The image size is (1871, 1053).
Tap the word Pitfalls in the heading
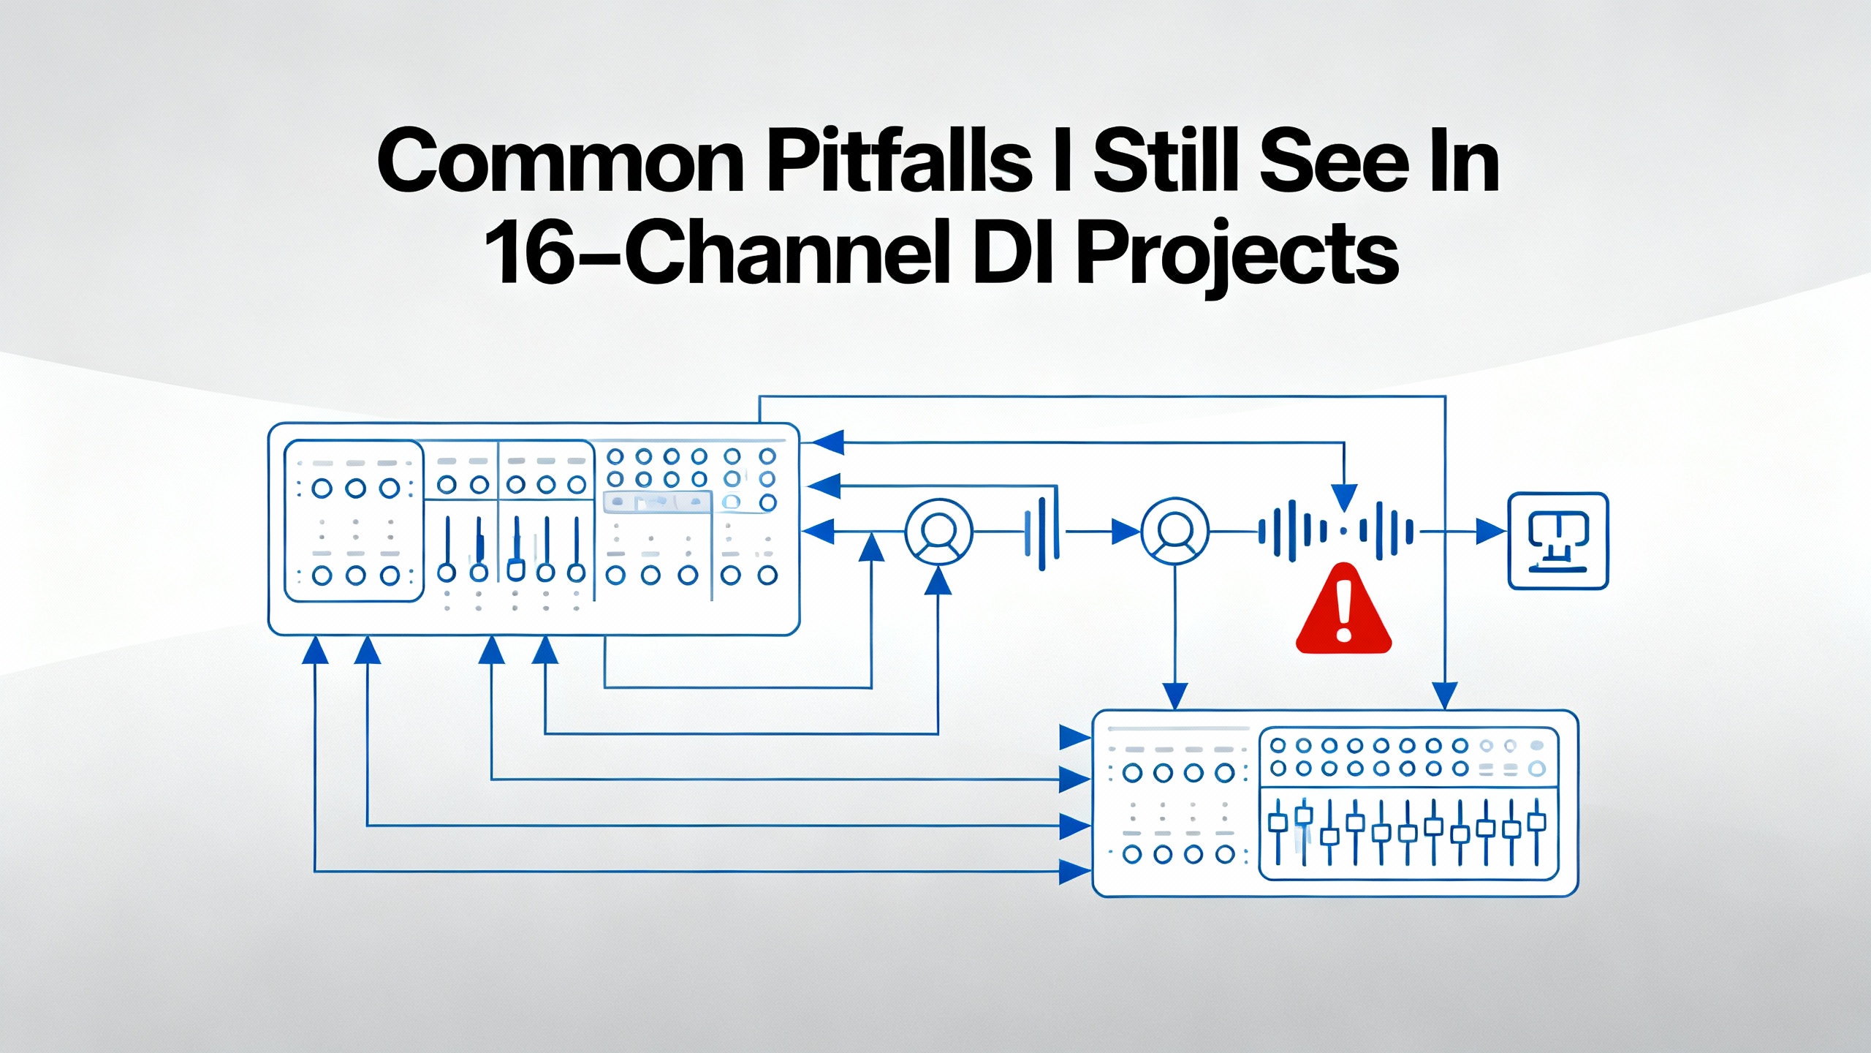coord(899,162)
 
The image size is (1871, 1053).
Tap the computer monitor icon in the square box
coord(1558,541)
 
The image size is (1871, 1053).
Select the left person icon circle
coord(938,532)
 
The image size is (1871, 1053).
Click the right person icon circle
coord(1174,532)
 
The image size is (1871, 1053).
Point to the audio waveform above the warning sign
coord(1336,532)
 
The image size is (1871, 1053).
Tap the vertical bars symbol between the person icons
coord(1041,532)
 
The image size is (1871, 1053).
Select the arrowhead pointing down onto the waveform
coord(1344,497)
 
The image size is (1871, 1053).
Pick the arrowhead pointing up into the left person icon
coord(938,581)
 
